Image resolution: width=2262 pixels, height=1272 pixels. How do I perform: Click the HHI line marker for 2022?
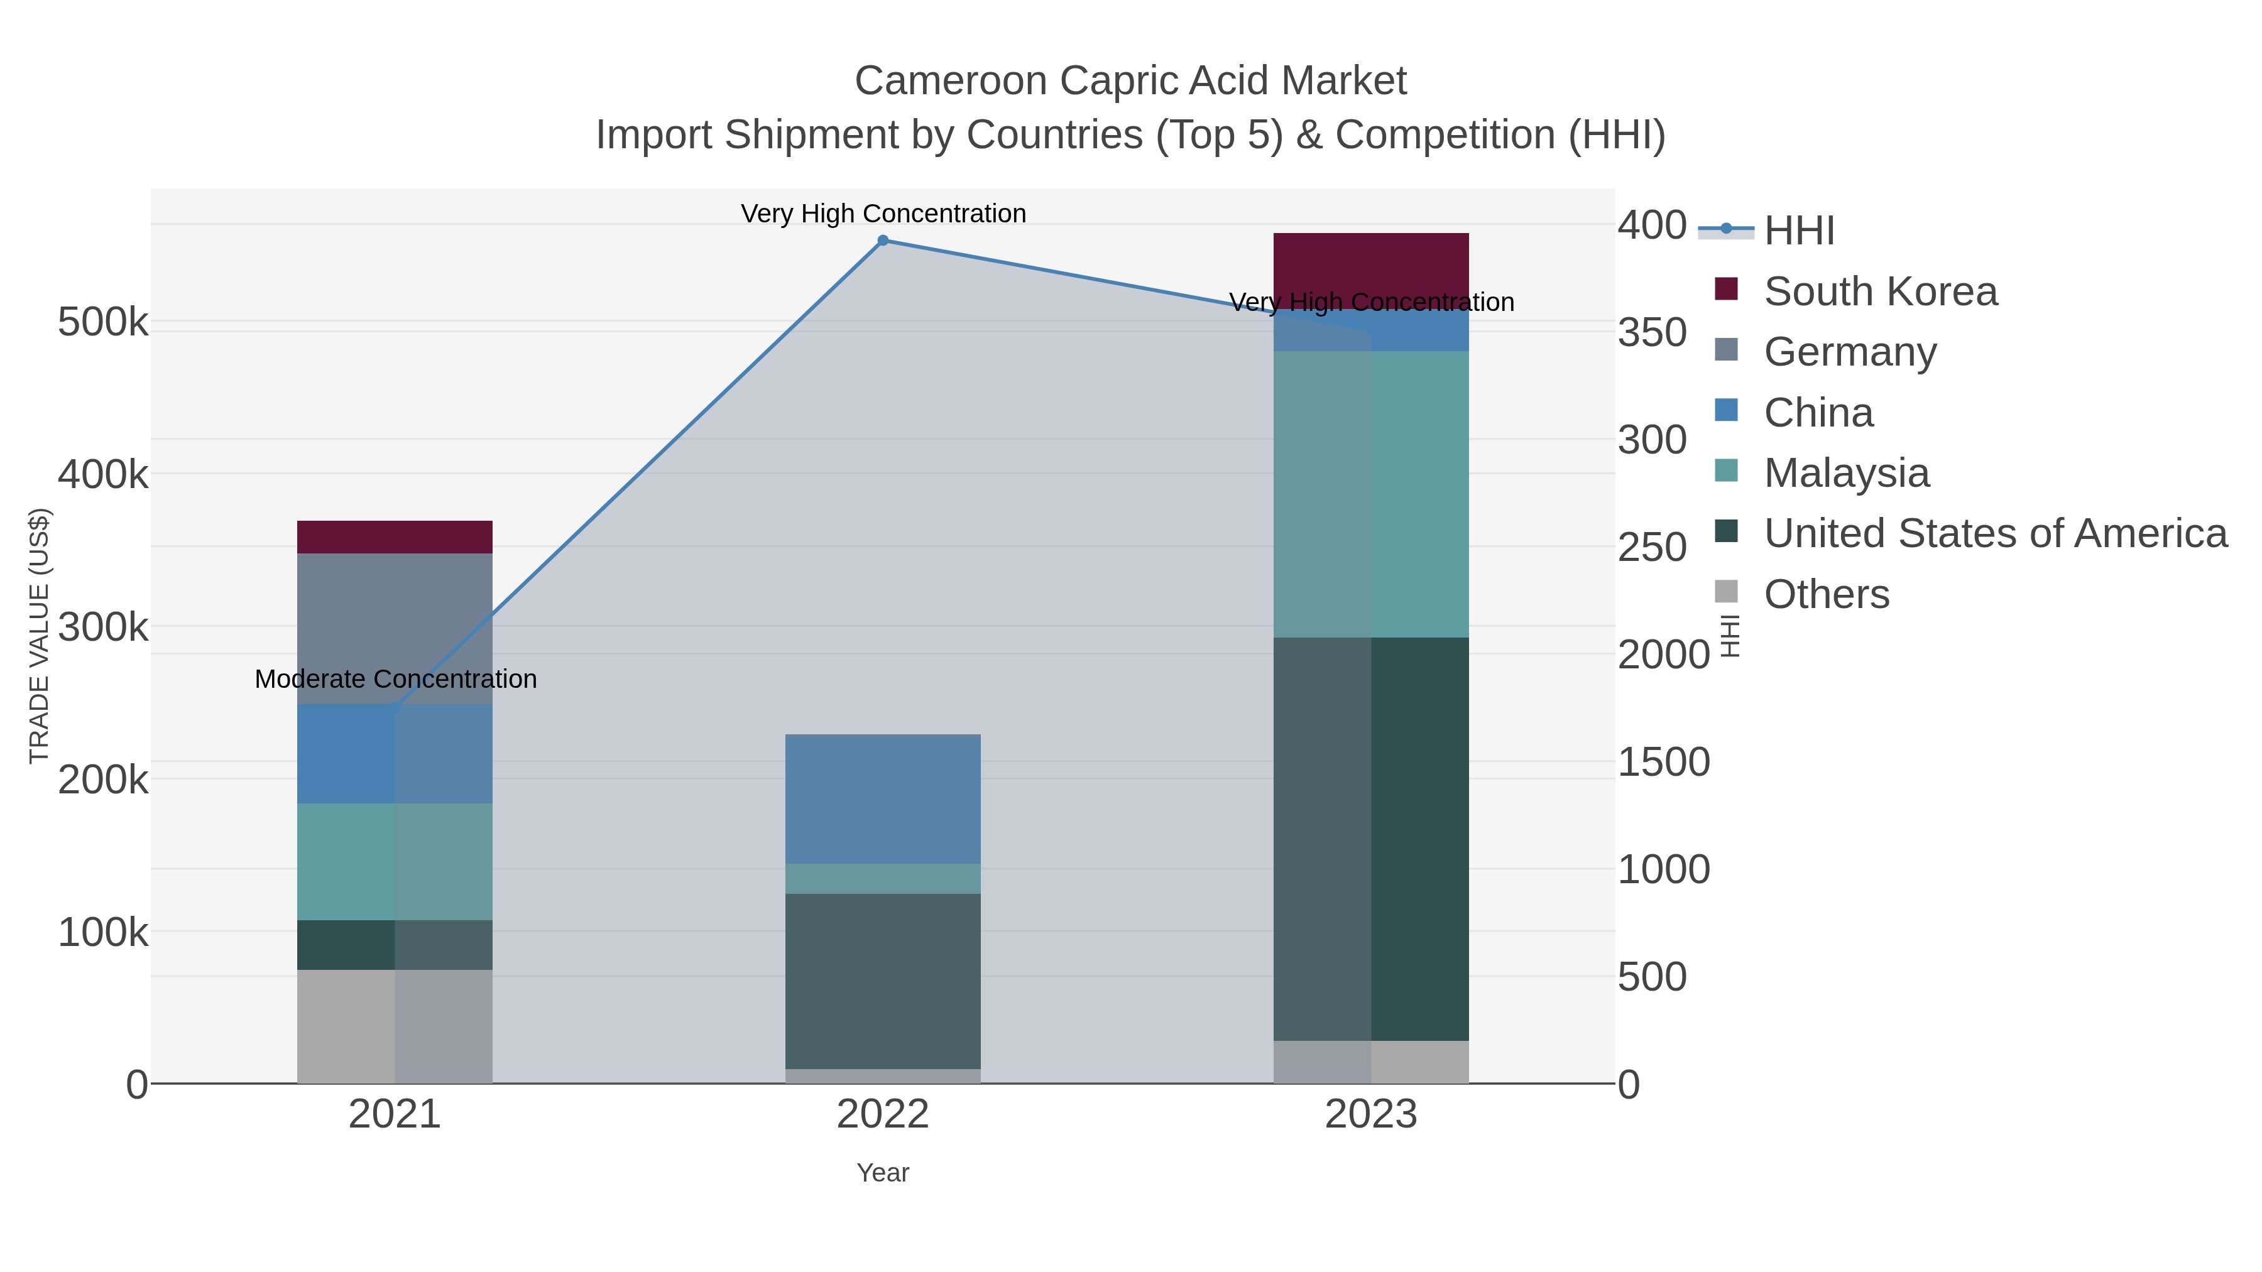(x=883, y=241)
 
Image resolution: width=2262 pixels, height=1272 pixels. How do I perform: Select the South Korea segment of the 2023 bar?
(x=1371, y=263)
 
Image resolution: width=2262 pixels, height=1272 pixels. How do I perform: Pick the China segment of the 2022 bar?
(x=883, y=799)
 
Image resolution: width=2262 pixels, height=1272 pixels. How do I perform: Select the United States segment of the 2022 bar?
(x=883, y=981)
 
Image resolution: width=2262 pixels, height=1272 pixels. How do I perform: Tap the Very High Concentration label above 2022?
(x=883, y=214)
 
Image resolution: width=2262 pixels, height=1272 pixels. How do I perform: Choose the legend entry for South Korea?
(x=1879, y=291)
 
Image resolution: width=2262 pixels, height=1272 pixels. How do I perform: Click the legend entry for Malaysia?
(x=1846, y=473)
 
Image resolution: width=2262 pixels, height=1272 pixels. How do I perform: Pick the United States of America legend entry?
(x=1994, y=534)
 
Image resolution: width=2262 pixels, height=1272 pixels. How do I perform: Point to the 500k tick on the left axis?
(x=103, y=322)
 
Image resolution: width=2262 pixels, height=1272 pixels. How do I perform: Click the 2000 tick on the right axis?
(x=1663, y=655)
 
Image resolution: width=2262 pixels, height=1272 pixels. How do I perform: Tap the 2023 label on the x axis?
(x=1371, y=1115)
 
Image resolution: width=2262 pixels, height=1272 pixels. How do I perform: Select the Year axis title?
(x=883, y=1173)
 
